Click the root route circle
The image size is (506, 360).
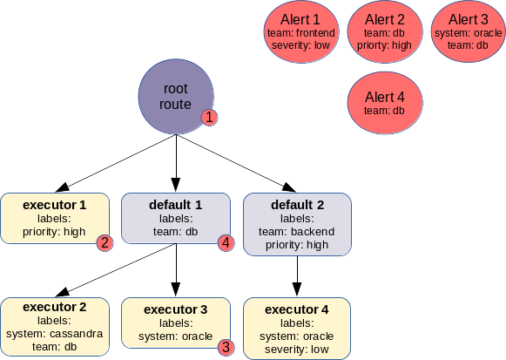(x=176, y=96)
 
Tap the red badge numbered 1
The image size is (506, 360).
(x=209, y=117)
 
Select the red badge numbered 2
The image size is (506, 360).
(x=105, y=243)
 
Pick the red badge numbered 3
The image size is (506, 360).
(x=226, y=347)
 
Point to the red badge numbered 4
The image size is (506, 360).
(x=226, y=243)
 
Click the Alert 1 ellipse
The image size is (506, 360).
(x=301, y=31)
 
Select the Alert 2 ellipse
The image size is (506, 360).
(x=385, y=31)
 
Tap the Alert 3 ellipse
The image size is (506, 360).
(x=469, y=31)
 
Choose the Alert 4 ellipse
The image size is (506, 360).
(x=385, y=103)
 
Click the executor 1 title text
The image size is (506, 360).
(x=55, y=205)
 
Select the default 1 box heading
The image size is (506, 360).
(x=176, y=205)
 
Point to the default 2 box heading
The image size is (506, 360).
(x=297, y=205)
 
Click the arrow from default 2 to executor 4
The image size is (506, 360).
(x=297, y=276)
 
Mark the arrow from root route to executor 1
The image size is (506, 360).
(x=116, y=163)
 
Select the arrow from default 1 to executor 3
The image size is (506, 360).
(x=176, y=270)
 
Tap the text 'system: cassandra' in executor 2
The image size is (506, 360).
(x=55, y=334)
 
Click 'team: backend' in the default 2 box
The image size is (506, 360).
(x=297, y=232)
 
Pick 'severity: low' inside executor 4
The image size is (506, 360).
(x=297, y=350)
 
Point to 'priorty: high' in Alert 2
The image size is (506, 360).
(x=384, y=45)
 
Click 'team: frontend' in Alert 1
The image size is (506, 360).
(x=301, y=33)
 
